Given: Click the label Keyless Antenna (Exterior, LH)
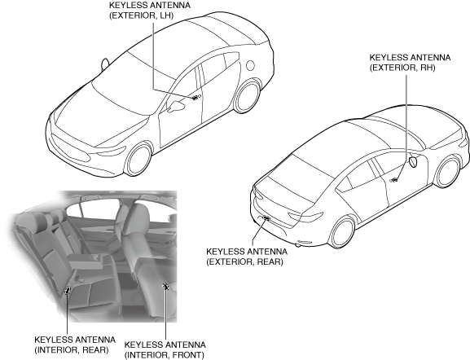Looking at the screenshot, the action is click(150, 11).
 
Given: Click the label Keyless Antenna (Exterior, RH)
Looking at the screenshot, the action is click(410, 63).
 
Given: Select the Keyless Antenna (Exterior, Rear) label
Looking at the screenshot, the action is click(247, 257).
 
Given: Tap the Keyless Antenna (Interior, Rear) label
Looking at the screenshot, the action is click(75, 345).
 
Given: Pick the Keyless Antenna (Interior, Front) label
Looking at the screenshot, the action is click(165, 349).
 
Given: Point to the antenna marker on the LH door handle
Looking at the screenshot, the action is click(196, 98).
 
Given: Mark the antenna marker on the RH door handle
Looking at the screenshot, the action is click(394, 180).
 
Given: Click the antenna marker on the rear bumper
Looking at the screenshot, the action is click(266, 218).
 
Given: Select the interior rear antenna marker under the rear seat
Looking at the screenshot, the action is click(68, 290).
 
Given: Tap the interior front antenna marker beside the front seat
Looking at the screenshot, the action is click(165, 287).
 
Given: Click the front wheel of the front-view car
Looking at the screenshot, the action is click(138, 160).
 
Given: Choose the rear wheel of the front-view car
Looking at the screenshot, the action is click(247, 97).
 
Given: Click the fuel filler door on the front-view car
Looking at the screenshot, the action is click(250, 65).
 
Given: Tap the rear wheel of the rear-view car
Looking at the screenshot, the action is click(342, 232).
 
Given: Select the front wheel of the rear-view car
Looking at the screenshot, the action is click(448, 173).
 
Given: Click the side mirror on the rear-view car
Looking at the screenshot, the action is click(413, 162).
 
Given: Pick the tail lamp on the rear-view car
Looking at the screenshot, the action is click(306, 217).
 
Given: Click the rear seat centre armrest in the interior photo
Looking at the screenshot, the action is click(90, 260).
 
